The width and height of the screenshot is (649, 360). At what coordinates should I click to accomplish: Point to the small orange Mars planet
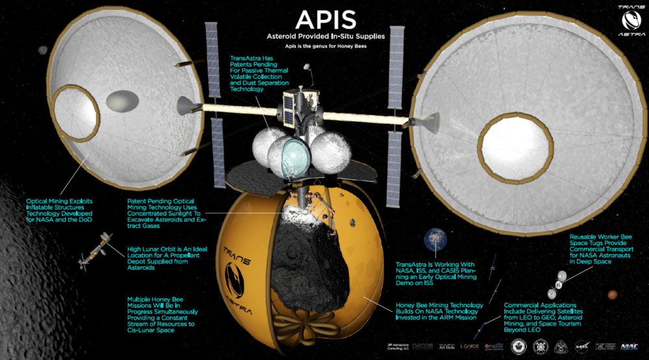pos(612,296)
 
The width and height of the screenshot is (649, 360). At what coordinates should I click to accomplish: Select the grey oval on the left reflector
pos(119,101)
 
